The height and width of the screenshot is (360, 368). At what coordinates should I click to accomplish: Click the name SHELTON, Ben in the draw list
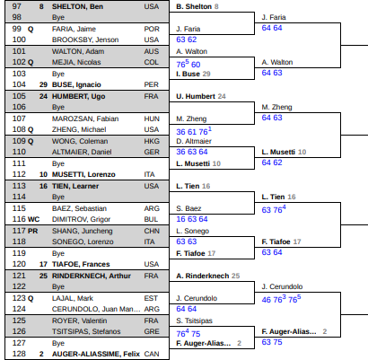[x=77, y=6]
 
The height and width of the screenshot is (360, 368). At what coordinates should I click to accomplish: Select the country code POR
[x=152, y=29]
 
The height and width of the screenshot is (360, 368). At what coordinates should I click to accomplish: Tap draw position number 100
[x=19, y=40]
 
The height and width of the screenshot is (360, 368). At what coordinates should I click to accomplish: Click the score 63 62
[x=187, y=40]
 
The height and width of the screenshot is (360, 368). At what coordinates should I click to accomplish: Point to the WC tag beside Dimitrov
[x=33, y=219]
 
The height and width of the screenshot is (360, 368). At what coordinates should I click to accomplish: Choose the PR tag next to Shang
[x=32, y=231]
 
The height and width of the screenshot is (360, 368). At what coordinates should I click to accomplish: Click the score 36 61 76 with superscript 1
[x=194, y=131]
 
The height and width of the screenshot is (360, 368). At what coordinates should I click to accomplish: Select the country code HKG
[x=152, y=141]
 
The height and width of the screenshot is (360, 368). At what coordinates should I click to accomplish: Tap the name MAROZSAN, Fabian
[x=85, y=119]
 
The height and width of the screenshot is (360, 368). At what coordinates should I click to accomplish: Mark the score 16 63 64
[x=192, y=219]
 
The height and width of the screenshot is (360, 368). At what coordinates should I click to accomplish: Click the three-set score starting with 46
[x=281, y=299]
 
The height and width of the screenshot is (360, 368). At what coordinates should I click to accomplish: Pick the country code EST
[x=151, y=298]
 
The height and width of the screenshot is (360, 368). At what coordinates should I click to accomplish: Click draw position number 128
[x=19, y=354]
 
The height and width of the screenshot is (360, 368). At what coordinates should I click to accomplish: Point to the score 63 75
[x=272, y=342]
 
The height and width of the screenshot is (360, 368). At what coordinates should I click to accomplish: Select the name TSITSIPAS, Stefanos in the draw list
[x=86, y=331]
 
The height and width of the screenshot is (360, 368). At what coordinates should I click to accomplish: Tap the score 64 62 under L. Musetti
[x=272, y=162]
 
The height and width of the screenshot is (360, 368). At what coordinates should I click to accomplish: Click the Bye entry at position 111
[x=58, y=163]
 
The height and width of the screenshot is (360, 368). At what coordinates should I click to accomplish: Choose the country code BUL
[x=151, y=219]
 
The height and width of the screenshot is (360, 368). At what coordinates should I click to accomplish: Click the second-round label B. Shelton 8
[x=197, y=6]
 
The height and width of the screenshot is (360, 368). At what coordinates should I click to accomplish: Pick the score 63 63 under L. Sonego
[x=187, y=241]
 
